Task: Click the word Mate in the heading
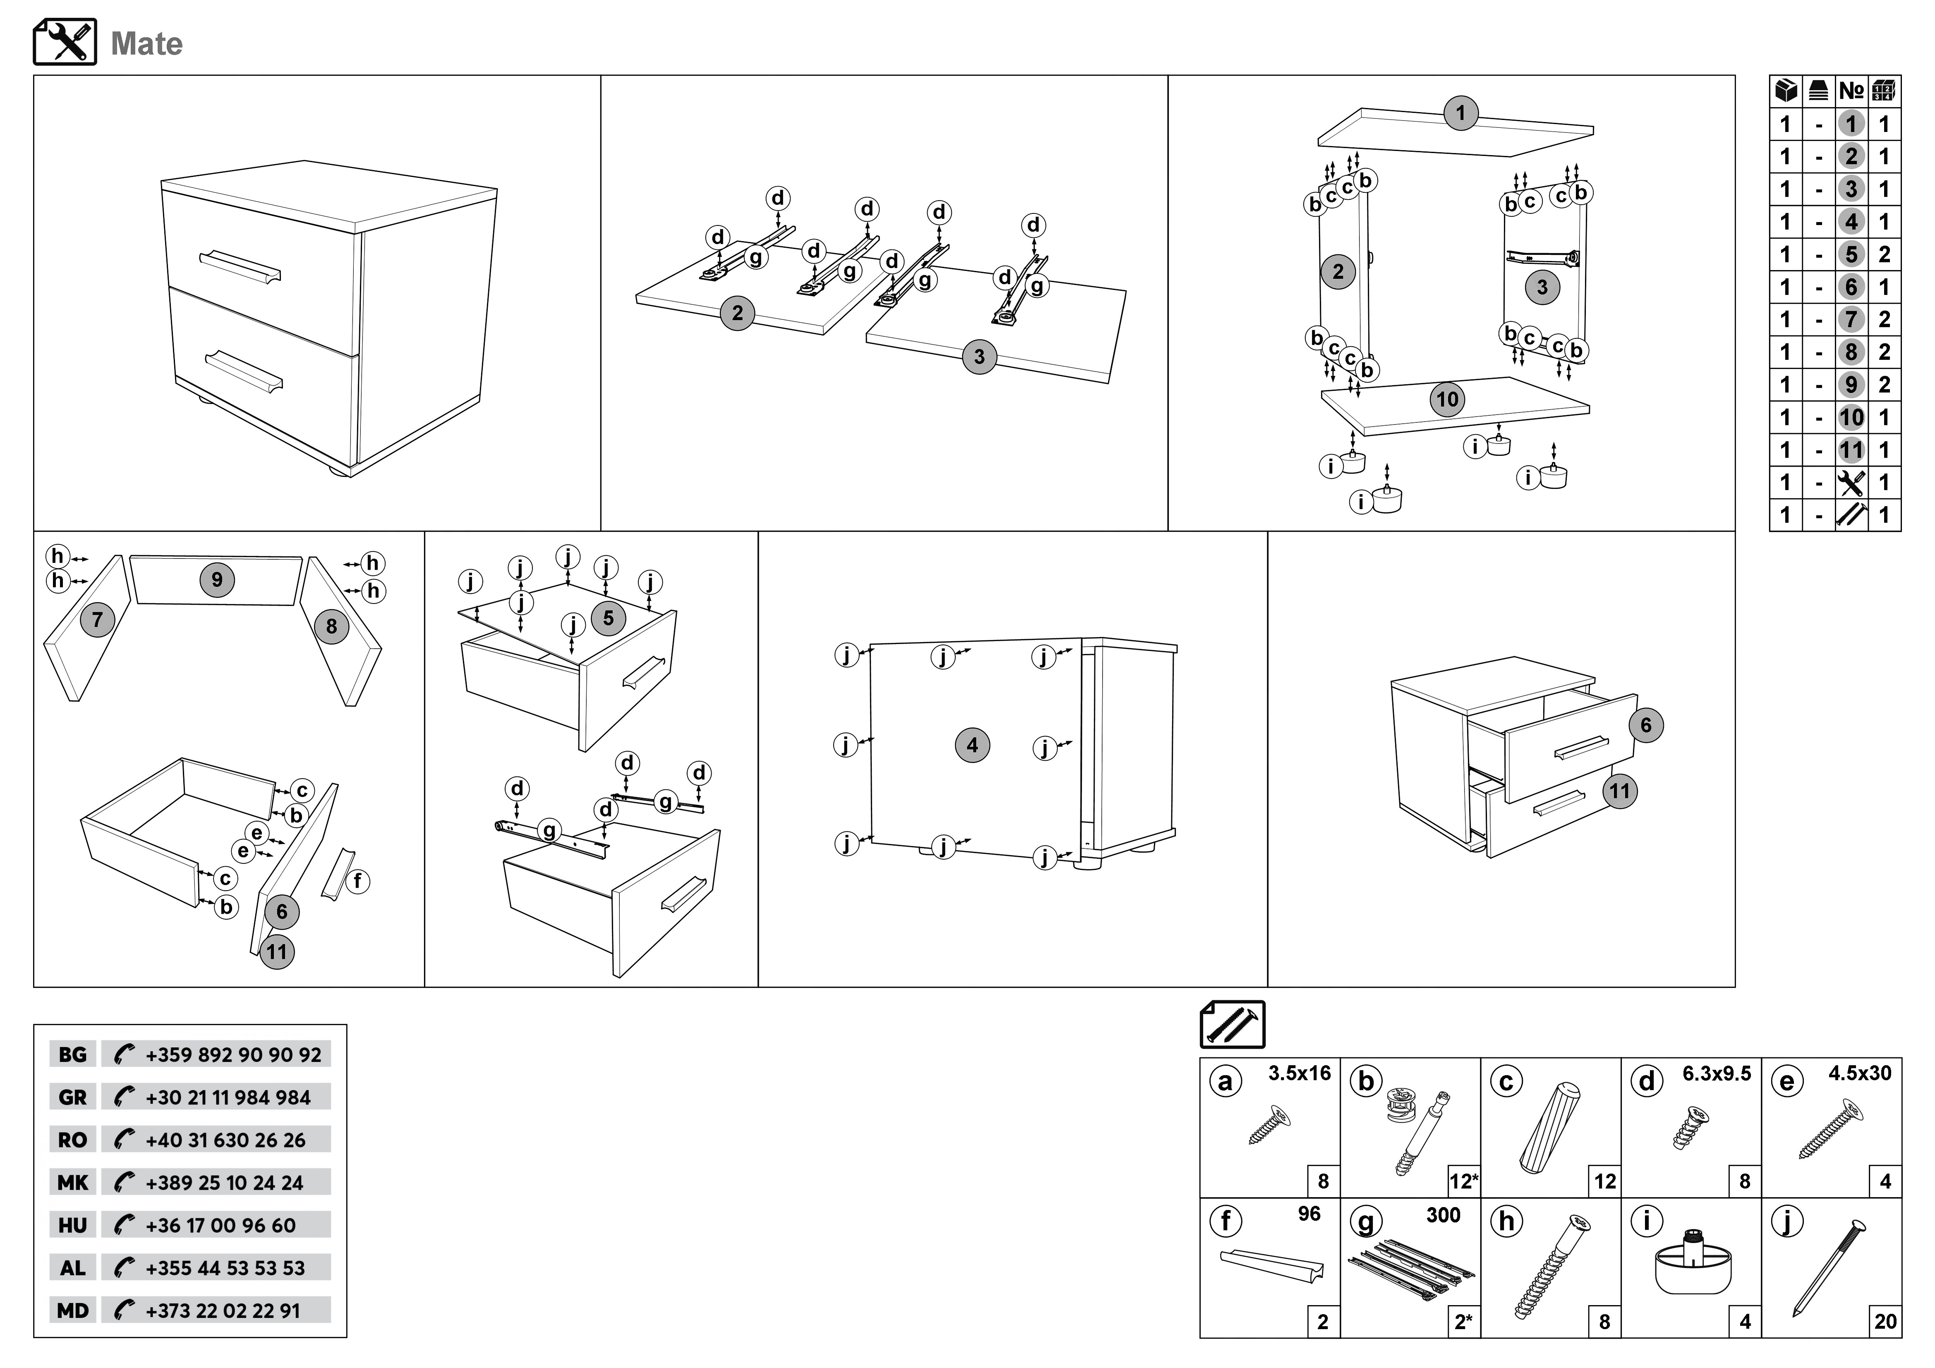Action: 146,44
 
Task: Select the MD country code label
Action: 72,1311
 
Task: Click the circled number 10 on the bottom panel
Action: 1447,400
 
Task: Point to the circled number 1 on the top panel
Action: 1460,113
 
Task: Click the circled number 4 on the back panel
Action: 972,745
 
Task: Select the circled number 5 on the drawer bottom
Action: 608,618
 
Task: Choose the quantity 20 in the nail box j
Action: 1885,1322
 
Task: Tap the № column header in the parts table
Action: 1851,90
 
